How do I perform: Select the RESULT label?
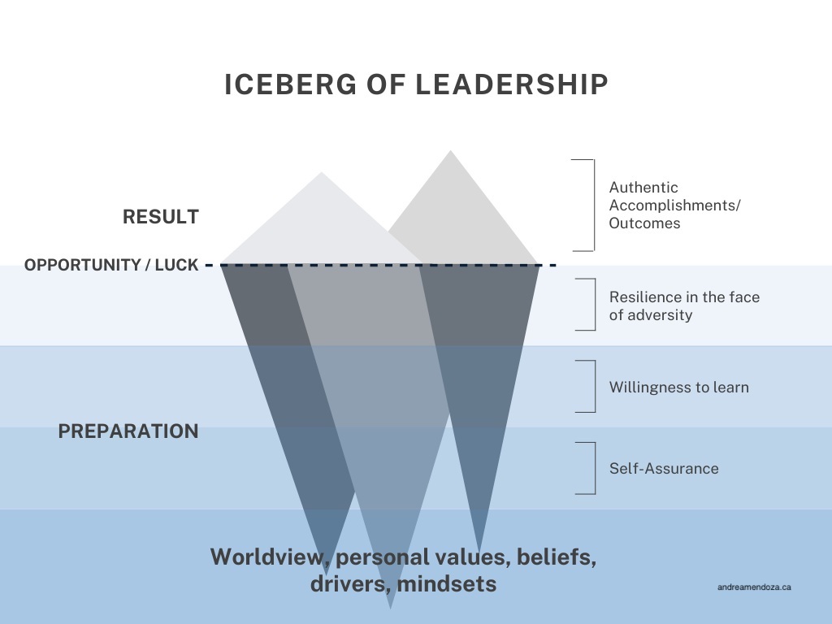coord(161,217)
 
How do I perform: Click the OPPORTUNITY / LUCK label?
coord(111,265)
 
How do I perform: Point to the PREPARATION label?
coord(128,431)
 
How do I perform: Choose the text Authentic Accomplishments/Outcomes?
coord(674,205)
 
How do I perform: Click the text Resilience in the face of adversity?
coord(684,305)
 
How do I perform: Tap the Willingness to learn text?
coord(679,387)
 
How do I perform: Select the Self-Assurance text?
coord(664,468)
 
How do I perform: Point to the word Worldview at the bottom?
coord(267,557)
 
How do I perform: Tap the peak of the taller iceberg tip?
coord(448,151)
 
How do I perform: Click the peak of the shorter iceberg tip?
coord(322,173)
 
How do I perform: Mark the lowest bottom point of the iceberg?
coord(391,608)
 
